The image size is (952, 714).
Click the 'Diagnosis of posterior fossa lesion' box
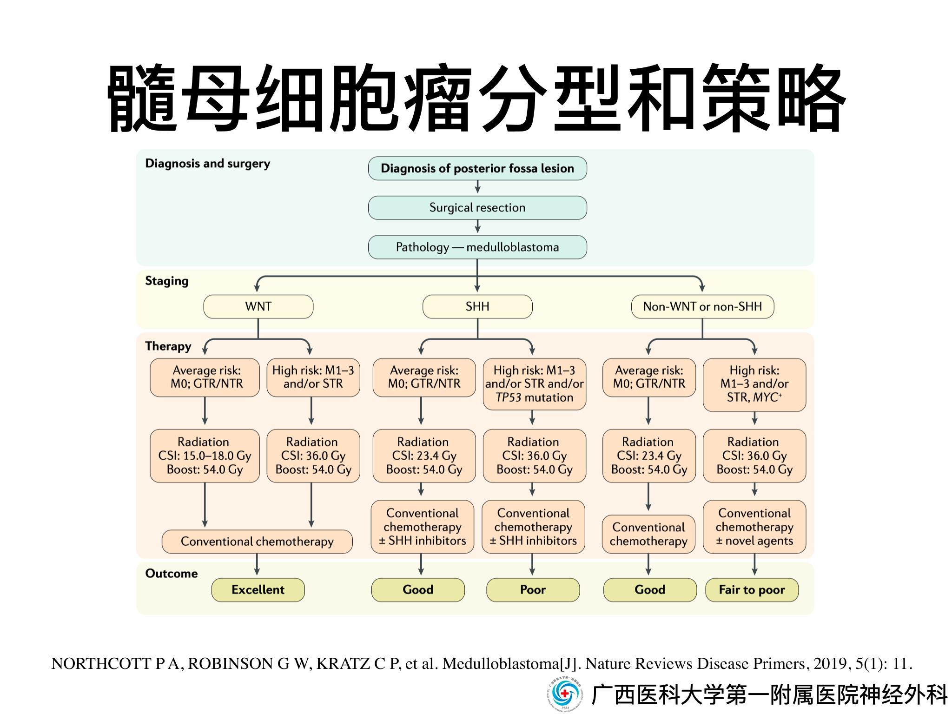(477, 168)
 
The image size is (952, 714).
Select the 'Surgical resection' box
(477, 208)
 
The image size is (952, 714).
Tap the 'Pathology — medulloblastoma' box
(477, 247)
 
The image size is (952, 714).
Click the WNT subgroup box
(258, 307)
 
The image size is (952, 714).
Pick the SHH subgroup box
(477, 307)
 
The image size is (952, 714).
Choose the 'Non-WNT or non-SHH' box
(702, 307)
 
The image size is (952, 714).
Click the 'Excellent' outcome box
(258, 590)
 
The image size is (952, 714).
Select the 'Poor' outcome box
(533, 590)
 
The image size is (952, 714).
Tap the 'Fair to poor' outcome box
(752, 590)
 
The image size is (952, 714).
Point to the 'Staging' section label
(166, 281)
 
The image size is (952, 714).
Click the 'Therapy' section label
(168, 346)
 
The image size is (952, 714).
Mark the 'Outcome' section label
(171, 574)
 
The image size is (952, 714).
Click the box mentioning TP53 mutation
(534, 384)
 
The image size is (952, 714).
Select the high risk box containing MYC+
(754, 384)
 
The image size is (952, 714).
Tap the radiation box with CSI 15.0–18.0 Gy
(205, 456)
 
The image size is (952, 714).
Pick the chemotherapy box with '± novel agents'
(754, 527)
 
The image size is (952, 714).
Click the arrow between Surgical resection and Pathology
(477, 227)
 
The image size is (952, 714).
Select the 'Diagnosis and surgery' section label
(207, 164)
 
